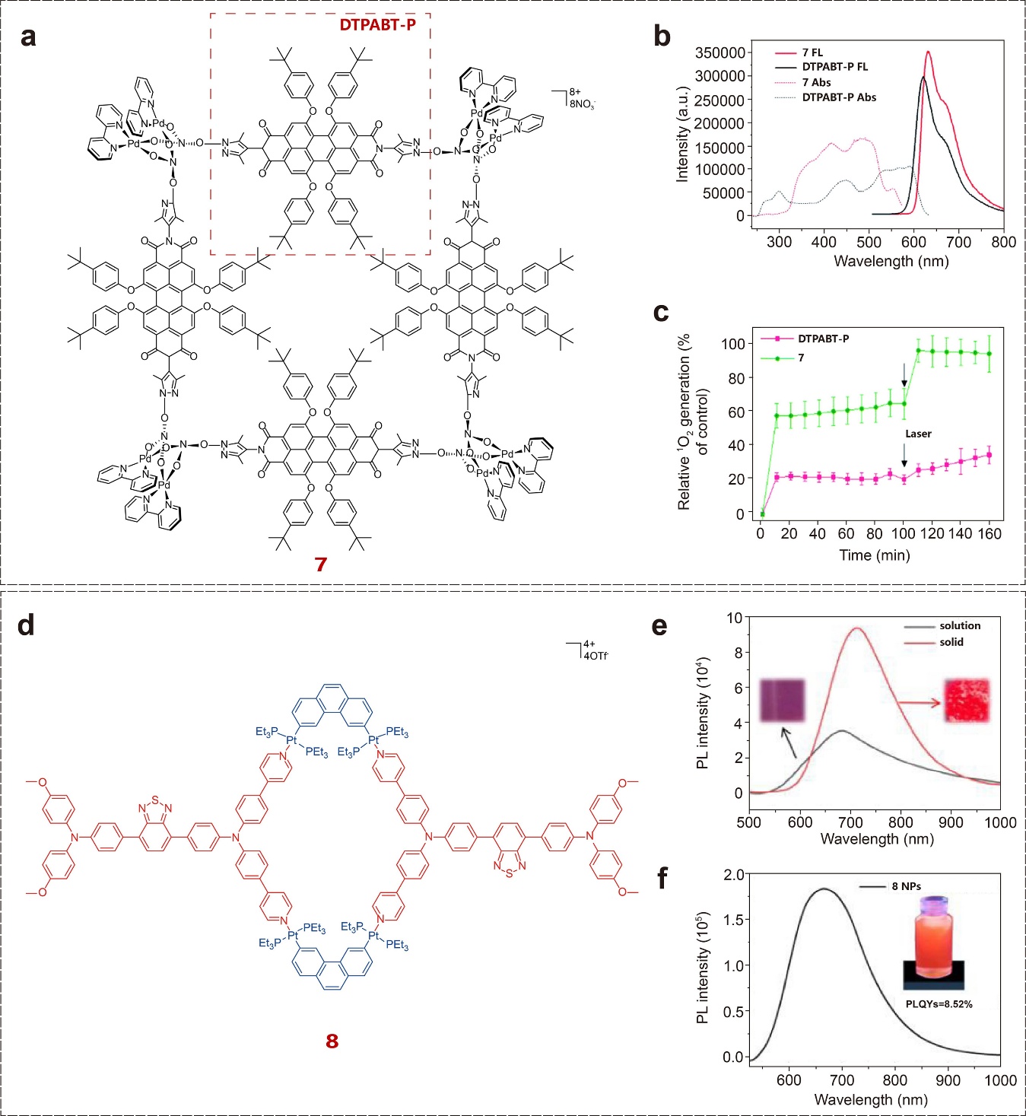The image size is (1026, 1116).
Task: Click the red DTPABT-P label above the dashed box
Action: (377, 25)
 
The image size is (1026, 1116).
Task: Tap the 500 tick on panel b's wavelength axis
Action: (869, 242)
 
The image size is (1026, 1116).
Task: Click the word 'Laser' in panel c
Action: (918, 434)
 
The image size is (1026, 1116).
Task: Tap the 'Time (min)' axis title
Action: (875, 555)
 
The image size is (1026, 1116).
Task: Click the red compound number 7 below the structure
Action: (320, 564)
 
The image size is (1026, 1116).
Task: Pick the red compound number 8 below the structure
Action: (332, 1041)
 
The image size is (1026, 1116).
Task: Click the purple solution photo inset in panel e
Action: (783, 700)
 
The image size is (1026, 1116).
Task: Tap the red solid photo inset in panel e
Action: (967, 701)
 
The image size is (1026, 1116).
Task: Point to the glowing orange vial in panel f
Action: (934, 938)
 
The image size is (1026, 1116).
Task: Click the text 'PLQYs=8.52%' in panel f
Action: (939, 1004)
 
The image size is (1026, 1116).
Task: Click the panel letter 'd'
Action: (26, 625)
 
